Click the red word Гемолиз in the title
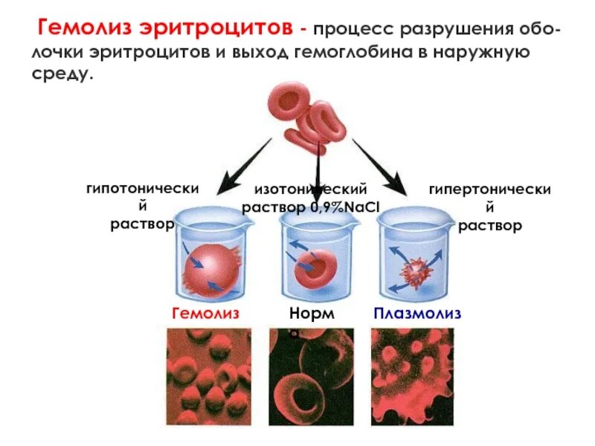(88, 30)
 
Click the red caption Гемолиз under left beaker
(205, 313)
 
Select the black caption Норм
(312, 313)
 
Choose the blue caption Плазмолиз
(416, 313)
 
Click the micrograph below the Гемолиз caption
(208, 375)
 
